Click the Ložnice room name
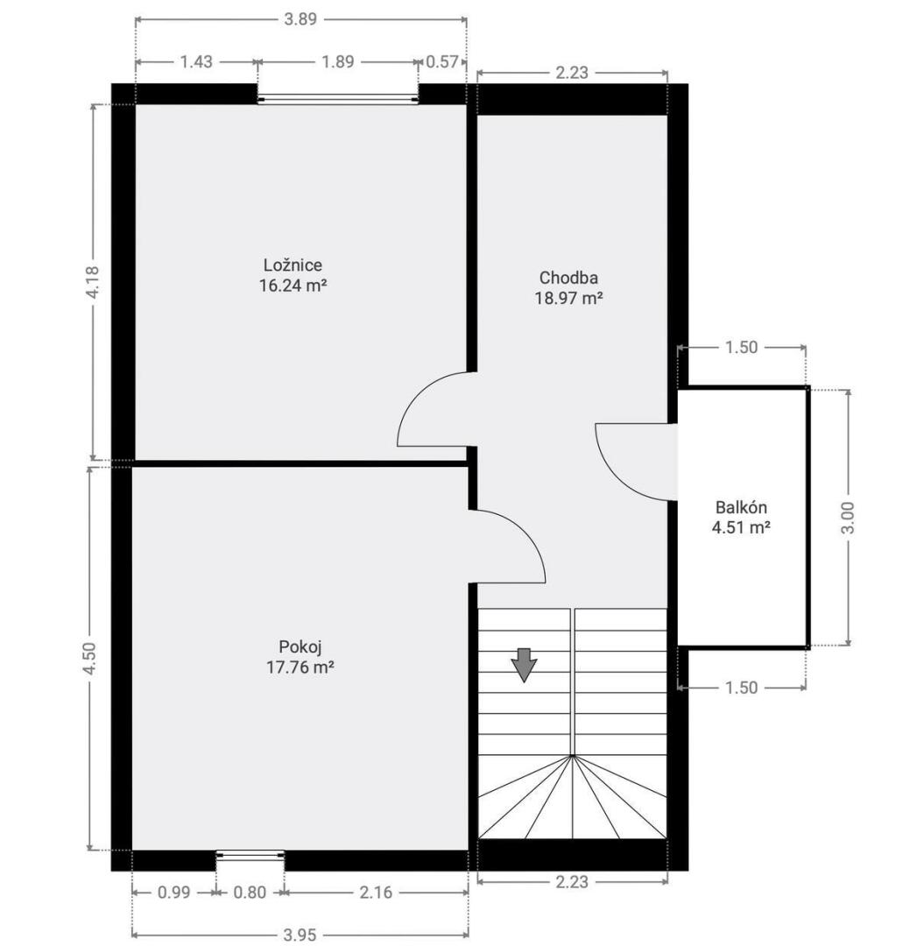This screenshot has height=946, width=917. click(x=293, y=265)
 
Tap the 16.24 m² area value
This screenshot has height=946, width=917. click(x=293, y=286)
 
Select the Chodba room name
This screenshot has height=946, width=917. click(x=568, y=278)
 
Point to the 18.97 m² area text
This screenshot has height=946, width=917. click(x=568, y=298)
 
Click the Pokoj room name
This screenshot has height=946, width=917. click(x=300, y=647)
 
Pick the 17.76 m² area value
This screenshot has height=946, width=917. click(x=300, y=667)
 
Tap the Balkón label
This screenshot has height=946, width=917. click(x=741, y=507)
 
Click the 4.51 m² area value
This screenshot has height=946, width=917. click(x=741, y=528)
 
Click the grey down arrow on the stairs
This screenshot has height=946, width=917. click(x=524, y=665)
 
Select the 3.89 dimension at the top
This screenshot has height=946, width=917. click(x=300, y=19)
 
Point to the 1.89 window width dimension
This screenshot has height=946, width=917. click(x=338, y=61)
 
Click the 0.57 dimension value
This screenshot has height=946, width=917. click(x=442, y=61)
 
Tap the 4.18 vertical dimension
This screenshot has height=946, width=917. click(x=94, y=282)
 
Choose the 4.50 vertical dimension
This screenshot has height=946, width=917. click(x=90, y=659)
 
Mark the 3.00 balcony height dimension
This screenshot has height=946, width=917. click(x=848, y=518)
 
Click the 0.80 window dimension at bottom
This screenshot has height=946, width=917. click(x=249, y=893)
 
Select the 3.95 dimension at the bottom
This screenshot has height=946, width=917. click(x=300, y=935)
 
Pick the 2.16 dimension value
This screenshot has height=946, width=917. click(x=376, y=893)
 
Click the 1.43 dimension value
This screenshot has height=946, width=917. click(x=196, y=61)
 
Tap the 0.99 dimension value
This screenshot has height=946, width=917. click(x=173, y=893)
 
